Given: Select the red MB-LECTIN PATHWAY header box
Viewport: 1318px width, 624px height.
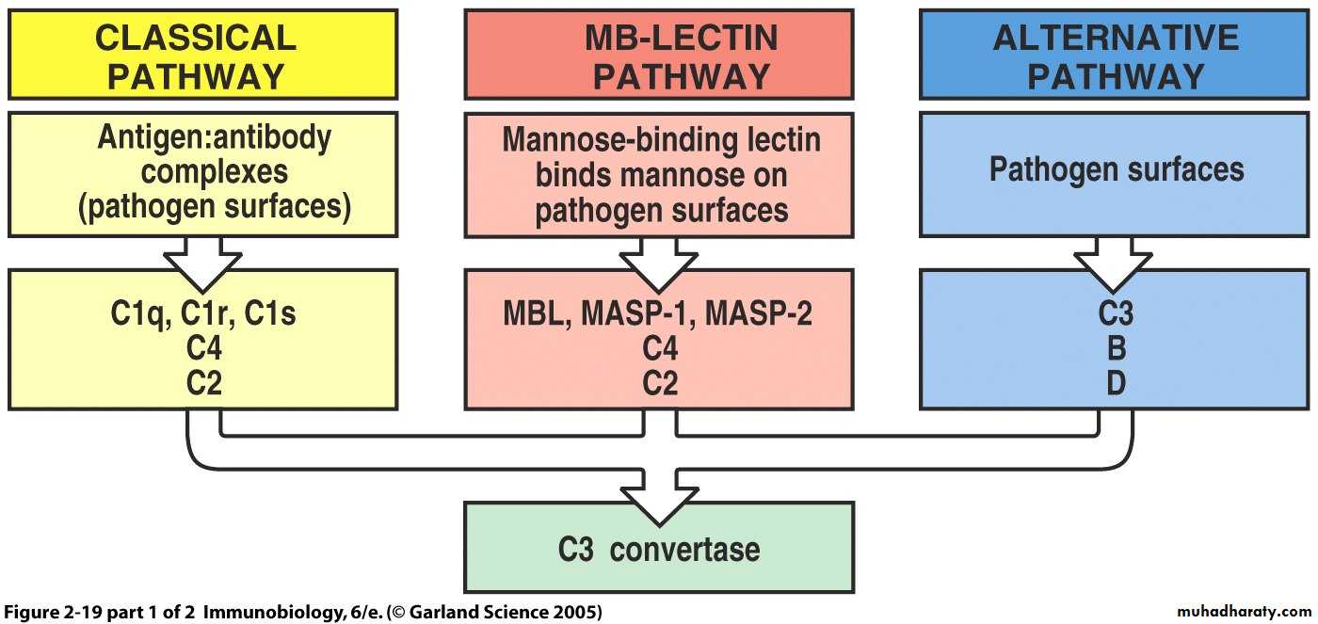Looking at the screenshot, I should (x=659, y=55).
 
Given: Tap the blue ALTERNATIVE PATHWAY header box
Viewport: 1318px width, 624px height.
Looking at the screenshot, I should (x=1116, y=55).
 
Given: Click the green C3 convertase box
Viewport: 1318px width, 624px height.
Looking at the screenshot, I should (x=659, y=548).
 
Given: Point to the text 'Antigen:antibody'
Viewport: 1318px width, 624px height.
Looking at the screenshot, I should (x=215, y=137).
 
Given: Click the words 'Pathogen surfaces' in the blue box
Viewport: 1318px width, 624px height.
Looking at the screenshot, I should (x=1116, y=169).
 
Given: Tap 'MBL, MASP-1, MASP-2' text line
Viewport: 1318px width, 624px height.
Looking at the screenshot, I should (x=659, y=312).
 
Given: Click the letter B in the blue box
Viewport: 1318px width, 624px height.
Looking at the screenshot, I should (x=1116, y=349).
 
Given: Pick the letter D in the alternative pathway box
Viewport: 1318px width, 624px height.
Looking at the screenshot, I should (x=1116, y=384).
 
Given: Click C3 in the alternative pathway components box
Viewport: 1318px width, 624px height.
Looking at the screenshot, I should (x=1116, y=312).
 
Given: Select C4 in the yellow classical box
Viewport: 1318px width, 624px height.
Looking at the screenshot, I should (x=203, y=349).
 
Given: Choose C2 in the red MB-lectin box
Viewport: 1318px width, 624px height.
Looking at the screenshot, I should (x=659, y=384).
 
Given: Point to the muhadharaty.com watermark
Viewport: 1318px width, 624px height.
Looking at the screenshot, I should (x=1244, y=611).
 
